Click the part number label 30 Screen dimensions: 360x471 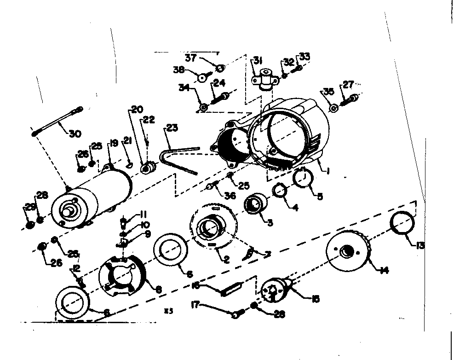[x=75, y=134]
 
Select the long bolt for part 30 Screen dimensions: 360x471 [x=58, y=121]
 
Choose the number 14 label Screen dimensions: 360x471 [x=384, y=270]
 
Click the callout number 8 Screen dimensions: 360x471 [x=159, y=290]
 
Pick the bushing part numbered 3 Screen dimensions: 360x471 [x=254, y=204]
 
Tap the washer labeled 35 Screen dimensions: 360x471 [x=334, y=108]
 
